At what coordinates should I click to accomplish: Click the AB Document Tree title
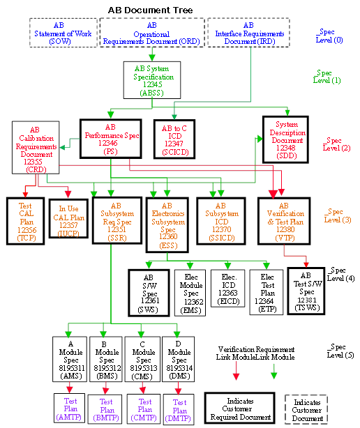151,10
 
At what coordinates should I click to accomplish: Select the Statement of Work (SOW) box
63,33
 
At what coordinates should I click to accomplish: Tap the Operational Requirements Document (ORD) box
151,33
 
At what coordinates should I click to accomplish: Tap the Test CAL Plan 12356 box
25,219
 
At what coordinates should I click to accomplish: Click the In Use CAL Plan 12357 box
68,219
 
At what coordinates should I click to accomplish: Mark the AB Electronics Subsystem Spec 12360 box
167,224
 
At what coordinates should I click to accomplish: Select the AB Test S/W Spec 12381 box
307,289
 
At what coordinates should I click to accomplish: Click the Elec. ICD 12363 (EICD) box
229,288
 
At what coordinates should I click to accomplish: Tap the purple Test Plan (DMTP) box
179,411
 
